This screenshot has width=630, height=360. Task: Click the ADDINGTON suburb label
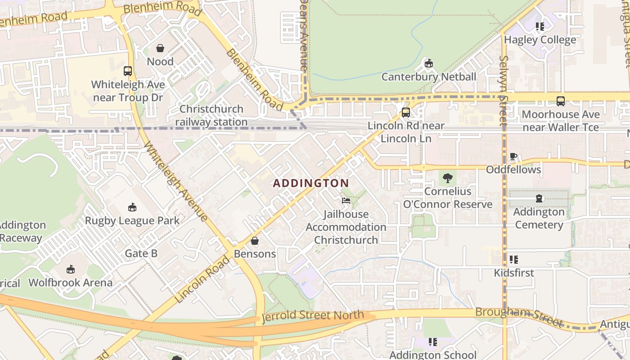click(x=311, y=183)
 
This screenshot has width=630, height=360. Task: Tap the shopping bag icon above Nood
click(x=160, y=48)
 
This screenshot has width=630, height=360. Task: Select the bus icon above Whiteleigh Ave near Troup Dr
click(x=128, y=71)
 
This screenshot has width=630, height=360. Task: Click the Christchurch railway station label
click(x=211, y=116)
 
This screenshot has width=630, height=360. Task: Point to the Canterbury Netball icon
click(x=428, y=63)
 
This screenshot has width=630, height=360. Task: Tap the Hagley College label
click(x=546, y=40)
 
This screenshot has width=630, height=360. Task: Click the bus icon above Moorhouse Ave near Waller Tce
click(x=560, y=101)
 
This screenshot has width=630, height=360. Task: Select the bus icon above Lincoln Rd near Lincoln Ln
click(x=406, y=112)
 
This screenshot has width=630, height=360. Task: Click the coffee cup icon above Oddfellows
click(x=513, y=157)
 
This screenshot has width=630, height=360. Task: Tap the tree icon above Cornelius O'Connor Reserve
click(x=447, y=178)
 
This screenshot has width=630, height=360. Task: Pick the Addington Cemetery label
click(x=539, y=218)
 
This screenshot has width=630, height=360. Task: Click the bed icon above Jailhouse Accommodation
click(x=346, y=200)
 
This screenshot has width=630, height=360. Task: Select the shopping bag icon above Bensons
click(x=255, y=241)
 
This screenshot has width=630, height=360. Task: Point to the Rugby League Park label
click(x=132, y=220)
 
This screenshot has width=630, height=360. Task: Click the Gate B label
click(x=141, y=253)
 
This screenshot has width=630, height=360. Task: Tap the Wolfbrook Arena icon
click(x=70, y=269)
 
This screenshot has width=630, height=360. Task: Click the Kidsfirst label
click(x=514, y=273)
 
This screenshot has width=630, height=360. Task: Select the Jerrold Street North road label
click(x=313, y=315)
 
